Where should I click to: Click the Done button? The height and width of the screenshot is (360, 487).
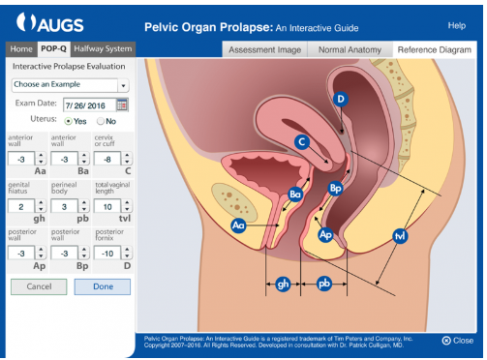pyautogui.click(x=102, y=286)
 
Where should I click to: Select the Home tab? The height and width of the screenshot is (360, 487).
pyautogui.click(x=21, y=48)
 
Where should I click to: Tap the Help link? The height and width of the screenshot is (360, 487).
pyautogui.click(x=457, y=24)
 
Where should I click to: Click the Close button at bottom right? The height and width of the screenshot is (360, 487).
pyautogui.click(x=458, y=340)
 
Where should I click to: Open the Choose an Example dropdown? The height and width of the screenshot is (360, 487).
pyautogui.click(x=70, y=85)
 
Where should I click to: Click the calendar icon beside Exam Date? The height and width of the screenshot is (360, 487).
pyautogui.click(x=122, y=105)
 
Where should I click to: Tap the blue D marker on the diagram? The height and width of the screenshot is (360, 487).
pyautogui.click(x=340, y=99)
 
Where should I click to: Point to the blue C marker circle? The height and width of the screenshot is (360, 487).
pyautogui.click(x=302, y=142)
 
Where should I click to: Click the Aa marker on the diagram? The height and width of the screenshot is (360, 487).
pyautogui.click(x=238, y=225)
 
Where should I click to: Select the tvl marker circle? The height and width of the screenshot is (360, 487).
pyautogui.click(x=400, y=235)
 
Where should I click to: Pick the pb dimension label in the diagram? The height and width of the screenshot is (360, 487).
pyautogui.click(x=324, y=285)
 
